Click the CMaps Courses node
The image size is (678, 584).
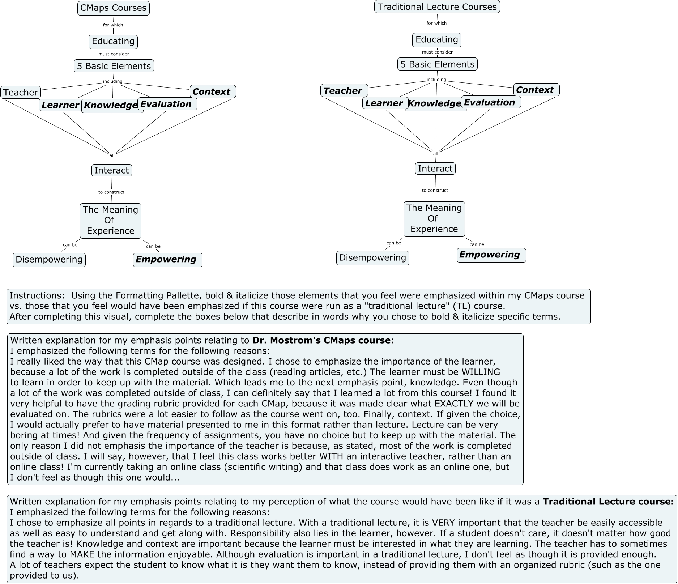pos(113,8)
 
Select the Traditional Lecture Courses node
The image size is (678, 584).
pos(437,7)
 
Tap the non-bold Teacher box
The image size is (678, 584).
pos(21,93)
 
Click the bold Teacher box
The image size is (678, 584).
pos(344,90)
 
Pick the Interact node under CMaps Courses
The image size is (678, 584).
pos(111,170)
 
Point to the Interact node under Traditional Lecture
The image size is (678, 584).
pos(435,169)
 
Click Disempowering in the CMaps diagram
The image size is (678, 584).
pos(49,260)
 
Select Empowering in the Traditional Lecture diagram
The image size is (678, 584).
pos(491,255)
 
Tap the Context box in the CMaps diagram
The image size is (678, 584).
pos(212,91)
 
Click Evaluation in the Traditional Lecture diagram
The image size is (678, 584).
pos(490,102)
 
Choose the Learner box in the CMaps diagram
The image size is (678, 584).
pos(60,105)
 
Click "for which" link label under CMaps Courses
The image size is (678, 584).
pos(113,25)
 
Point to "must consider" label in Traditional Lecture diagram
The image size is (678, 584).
pos(437,52)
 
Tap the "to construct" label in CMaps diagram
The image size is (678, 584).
pos(111,192)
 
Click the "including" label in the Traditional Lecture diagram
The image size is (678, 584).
pos(436,80)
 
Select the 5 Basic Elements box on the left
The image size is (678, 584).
pos(114,66)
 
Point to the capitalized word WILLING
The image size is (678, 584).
pos(480,372)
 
